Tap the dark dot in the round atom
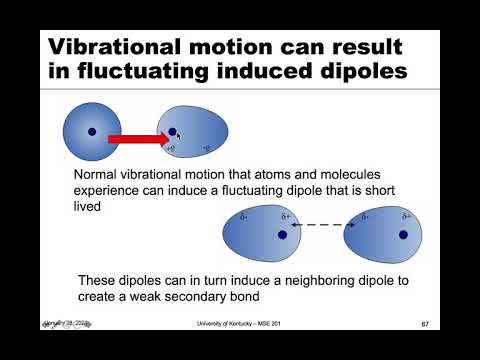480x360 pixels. click(91, 130)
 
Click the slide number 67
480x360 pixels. click(425, 324)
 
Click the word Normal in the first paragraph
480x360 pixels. click(98, 174)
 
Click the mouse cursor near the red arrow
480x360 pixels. click(178, 135)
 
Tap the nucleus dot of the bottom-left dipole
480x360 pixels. click(283, 234)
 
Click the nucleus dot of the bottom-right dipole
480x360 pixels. click(403, 234)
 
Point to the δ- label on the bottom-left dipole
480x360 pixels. click(243, 217)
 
